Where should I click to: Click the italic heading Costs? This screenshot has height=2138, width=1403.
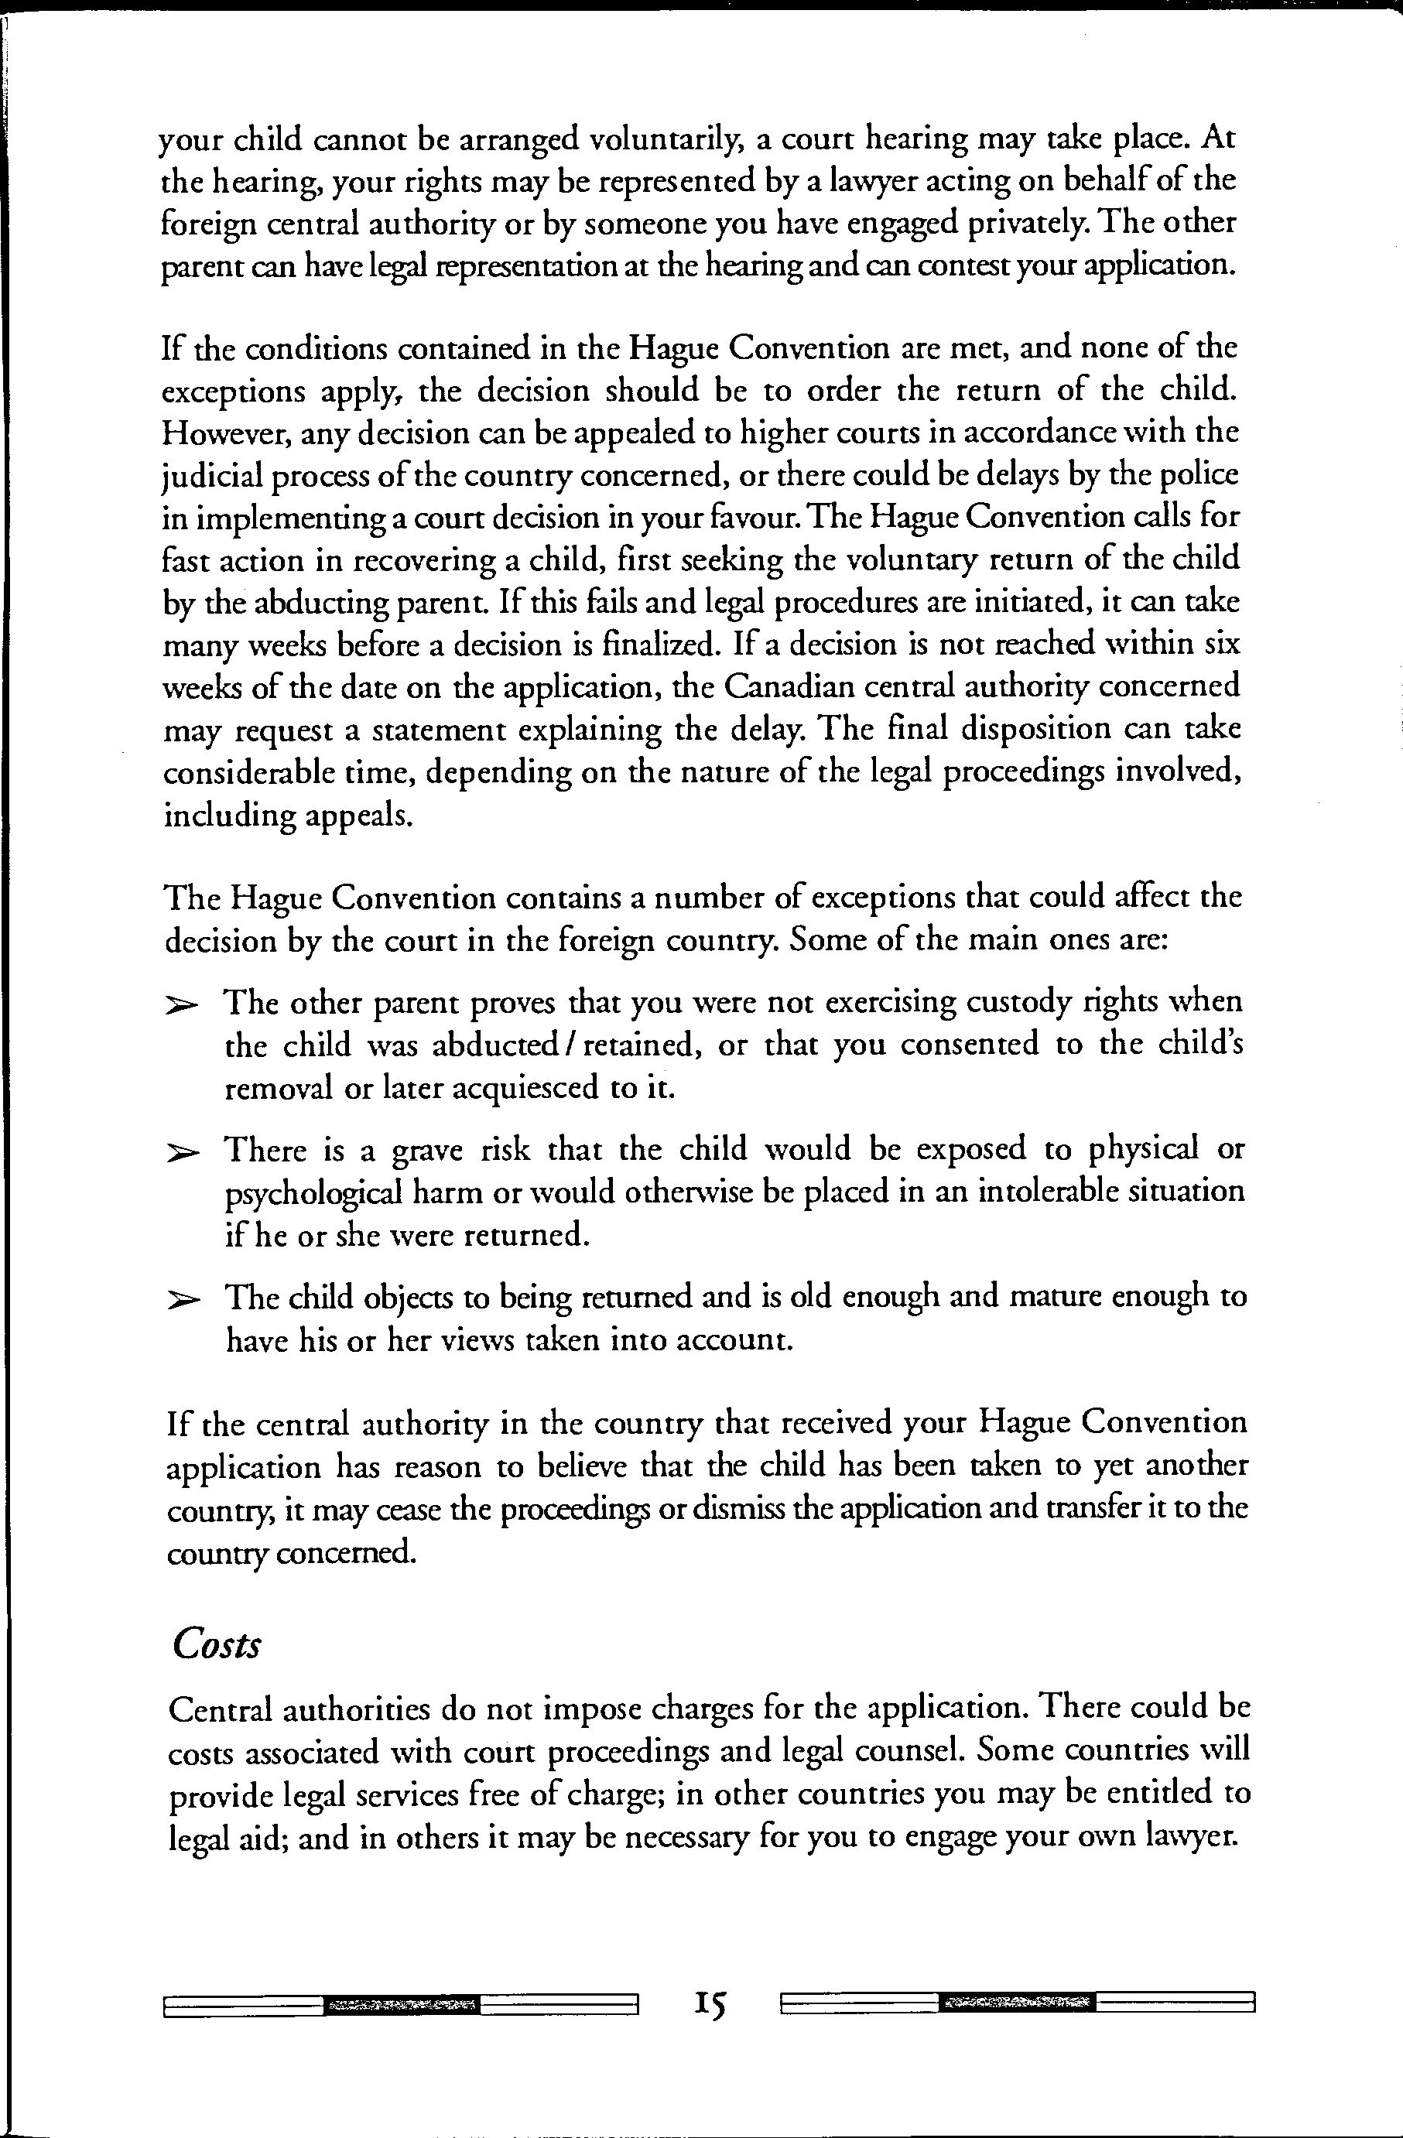coord(217,1644)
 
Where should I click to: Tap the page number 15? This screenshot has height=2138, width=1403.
coord(710,2003)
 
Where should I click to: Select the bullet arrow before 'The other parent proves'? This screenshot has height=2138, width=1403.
coord(181,1009)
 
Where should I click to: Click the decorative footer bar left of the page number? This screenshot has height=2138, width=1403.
coord(401,2004)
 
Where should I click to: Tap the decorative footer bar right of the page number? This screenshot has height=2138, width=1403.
coord(1018,2003)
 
